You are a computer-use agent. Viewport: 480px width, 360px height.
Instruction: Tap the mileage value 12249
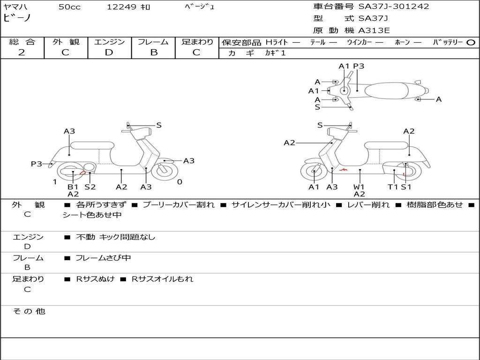tap(121, 7)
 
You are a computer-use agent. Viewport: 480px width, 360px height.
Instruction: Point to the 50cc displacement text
tap(69, 7)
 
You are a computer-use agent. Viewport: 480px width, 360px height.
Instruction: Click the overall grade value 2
tap(22, 52)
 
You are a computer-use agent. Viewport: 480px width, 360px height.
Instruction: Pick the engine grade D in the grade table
tap(109, 52)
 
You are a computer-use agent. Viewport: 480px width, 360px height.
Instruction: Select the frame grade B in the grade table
tap(153, 52)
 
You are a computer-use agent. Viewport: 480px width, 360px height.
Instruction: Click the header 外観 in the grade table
tap(66, 42)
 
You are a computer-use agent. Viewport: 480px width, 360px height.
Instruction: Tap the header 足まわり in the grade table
tap(197, 42)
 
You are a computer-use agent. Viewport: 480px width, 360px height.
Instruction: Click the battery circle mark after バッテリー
tap(471, 43)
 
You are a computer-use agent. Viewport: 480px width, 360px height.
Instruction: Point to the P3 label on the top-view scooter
tap(359, 66)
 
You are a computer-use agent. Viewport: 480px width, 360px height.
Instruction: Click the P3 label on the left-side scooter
tap(37, 164)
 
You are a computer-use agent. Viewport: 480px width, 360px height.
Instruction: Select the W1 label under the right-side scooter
tap(359, 187)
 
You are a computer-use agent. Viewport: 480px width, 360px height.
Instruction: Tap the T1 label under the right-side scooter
tap(392, 187)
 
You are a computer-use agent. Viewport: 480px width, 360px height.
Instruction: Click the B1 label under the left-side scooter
tap(73, 187)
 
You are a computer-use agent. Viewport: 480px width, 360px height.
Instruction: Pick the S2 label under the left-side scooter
tap(90, 187)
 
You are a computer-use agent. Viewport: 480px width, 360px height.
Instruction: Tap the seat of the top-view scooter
tap(389, 90)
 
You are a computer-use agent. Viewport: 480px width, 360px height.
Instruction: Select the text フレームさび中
tap(103, 258)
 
